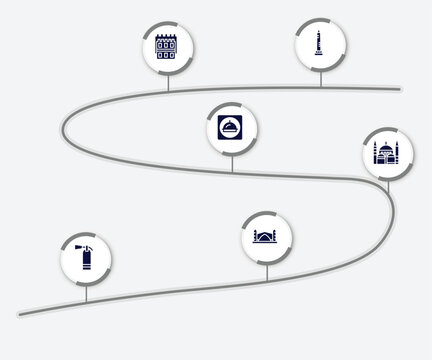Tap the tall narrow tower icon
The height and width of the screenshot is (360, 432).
(x=319, y=46)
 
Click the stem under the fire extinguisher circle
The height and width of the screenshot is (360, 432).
(x=86, y=293)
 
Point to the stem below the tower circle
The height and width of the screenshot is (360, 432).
(x=319, y=80)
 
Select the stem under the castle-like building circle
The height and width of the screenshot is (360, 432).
(x=166, y=82)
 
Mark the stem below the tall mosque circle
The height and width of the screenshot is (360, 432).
(x=386, y=186)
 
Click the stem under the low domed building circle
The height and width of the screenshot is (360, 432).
(x=266, y=270)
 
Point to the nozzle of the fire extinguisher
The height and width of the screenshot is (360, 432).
(x=76, y=244)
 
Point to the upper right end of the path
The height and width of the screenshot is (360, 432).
(x=400, y=88)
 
